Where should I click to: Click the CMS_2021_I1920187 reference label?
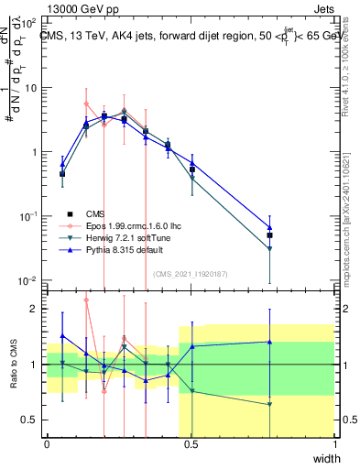point(190,273)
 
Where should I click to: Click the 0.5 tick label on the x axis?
point(191,444)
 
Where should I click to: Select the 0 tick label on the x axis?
point(48,444)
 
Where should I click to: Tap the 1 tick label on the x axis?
point(334,444)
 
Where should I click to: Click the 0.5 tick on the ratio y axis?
point(32,420)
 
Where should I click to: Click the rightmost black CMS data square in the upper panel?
point(270,235)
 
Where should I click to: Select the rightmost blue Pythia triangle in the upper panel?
point(270,227)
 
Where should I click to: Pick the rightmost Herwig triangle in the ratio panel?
point(270,404)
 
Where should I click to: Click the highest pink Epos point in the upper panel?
point(86,104)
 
